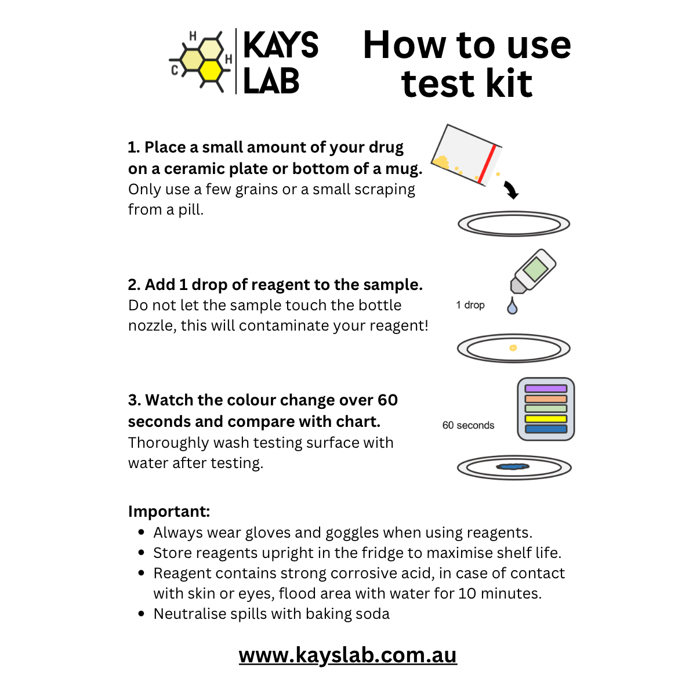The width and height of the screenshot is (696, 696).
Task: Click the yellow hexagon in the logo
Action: point(211,70)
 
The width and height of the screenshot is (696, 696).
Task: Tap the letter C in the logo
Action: point(175,71)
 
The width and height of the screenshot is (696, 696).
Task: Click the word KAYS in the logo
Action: point(281,45)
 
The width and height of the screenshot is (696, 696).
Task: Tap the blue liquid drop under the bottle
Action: point(512,306)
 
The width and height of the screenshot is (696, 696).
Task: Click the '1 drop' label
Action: point(470,305)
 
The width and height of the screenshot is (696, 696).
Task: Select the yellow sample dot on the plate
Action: point(513,348)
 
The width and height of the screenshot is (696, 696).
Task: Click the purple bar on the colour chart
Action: point(546,389)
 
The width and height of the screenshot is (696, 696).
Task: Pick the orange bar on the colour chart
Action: point(546,399)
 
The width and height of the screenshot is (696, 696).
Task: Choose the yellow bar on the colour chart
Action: point(546,419)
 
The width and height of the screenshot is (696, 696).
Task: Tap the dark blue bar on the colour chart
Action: point(546,429)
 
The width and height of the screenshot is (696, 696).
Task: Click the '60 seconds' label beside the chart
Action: point(468,425)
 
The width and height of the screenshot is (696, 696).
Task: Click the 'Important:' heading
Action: point(169,512)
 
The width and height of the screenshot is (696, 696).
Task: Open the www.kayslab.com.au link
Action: point(348,655)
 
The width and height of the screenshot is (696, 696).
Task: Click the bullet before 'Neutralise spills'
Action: point(142,614)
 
